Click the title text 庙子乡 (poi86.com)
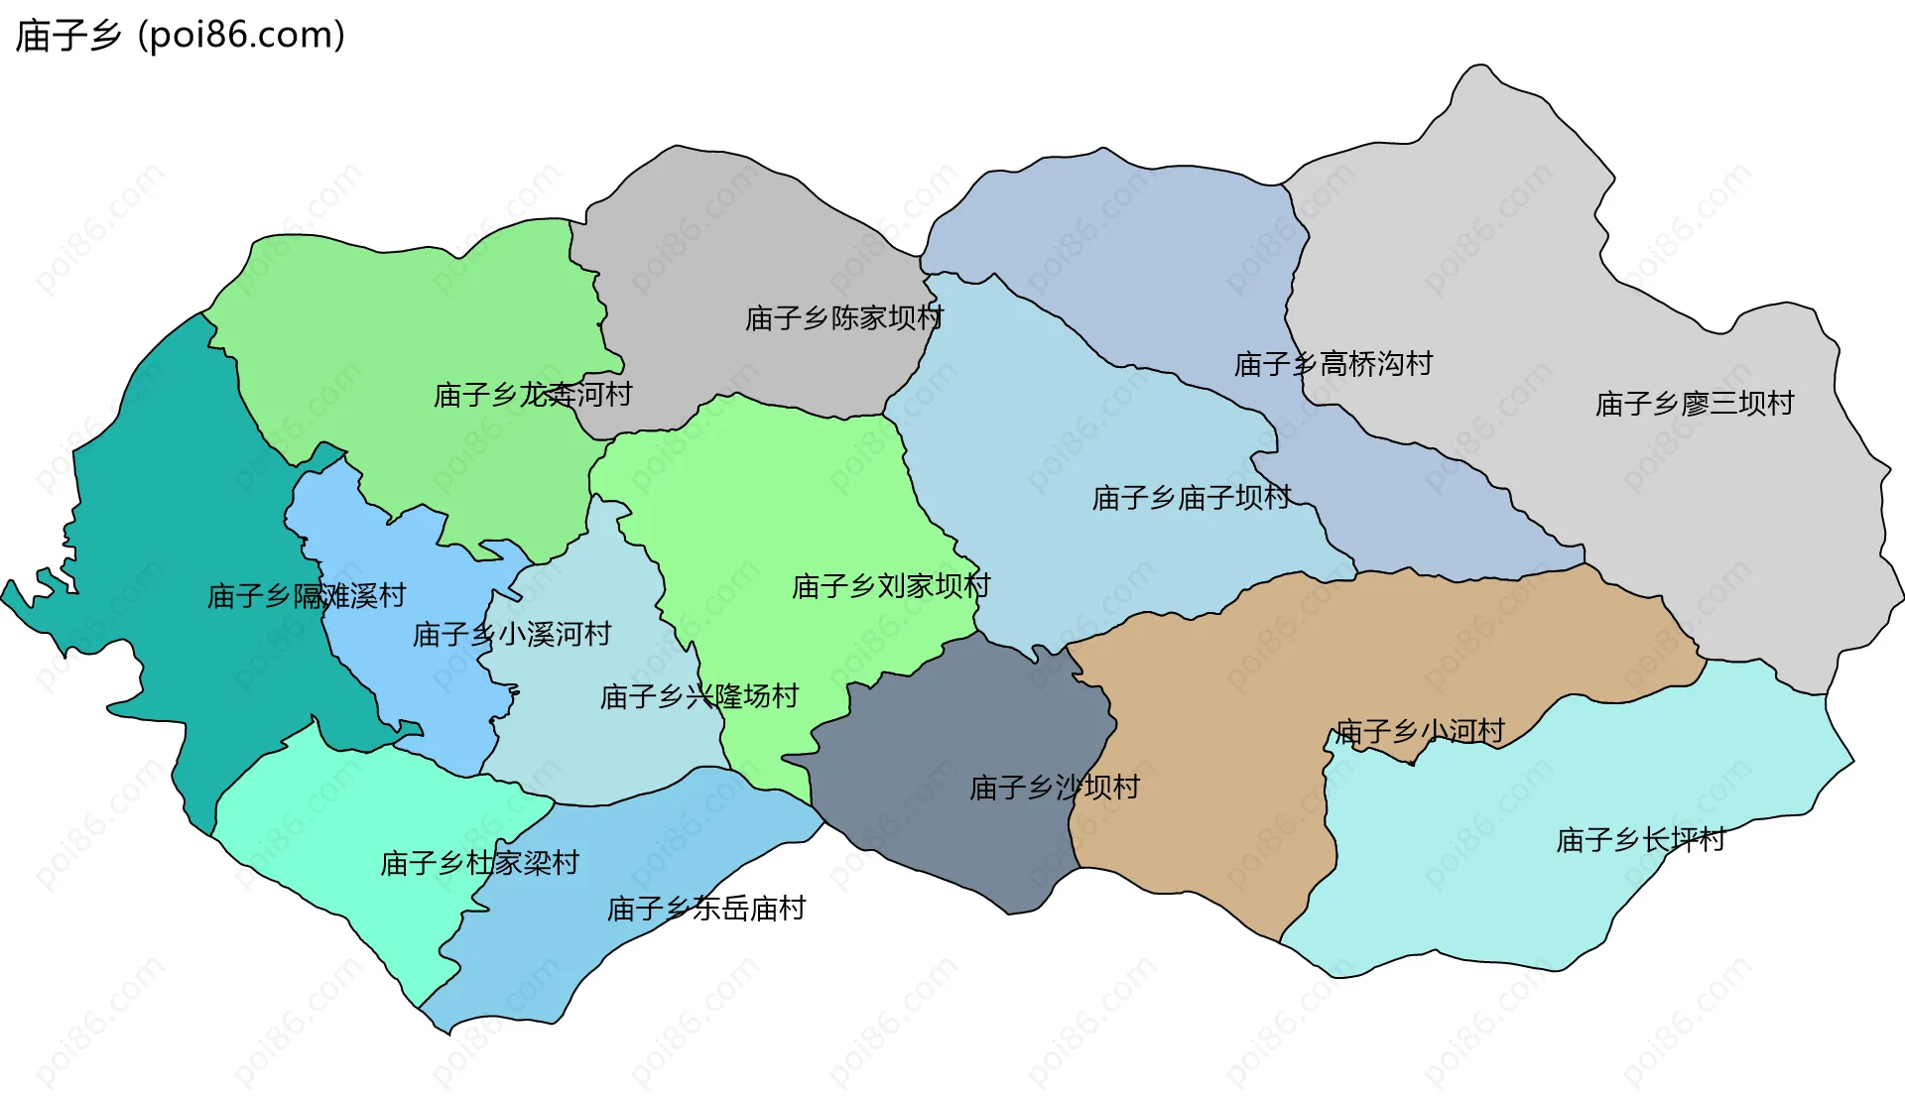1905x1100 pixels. click(x=181, y=36)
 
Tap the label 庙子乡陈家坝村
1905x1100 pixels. click(x=844, y=318)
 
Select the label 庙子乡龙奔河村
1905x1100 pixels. click(x=533, y=395)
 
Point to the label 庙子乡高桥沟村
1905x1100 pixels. click(x=1333, y=364)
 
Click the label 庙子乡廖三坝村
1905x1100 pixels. click(x=1695, y=404)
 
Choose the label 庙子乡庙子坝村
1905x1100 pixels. click(x=1191, y=497)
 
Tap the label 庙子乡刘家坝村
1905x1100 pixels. click(x=890, y=586)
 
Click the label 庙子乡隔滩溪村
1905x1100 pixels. click(x=307, y=595)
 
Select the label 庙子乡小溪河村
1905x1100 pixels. click(x=511, y=634)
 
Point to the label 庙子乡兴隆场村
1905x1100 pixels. click(x=698, y=696)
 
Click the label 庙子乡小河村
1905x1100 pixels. click(x=1420, y=732)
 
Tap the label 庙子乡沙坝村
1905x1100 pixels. click(x=1055, y=788)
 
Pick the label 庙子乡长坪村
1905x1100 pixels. click(x=1640, y=840)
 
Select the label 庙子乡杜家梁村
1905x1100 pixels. click(x=479, y=863)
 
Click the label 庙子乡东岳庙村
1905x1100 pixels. click(x=705, y=909)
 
